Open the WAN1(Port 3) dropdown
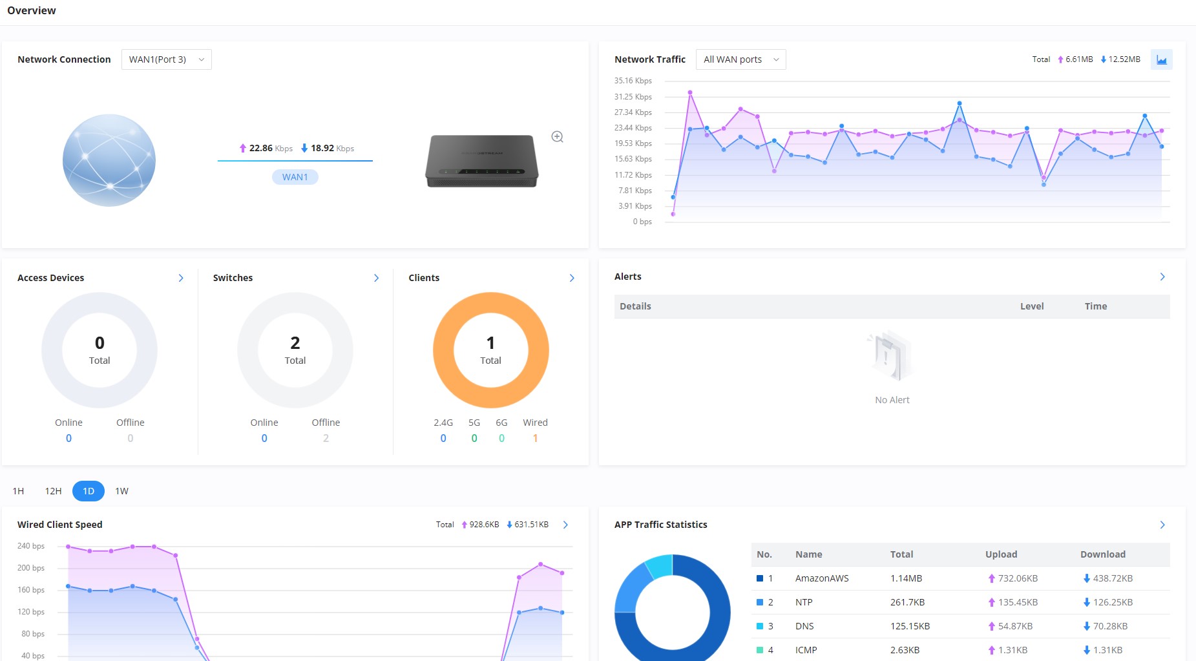click(x=166, y=59)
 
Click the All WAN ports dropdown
click(x=740, y=59)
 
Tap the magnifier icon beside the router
click(x=557, y=137)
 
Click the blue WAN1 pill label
click(x=295, y=177)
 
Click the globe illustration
click(x=109, y=160)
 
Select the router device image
click(x=482, y=161)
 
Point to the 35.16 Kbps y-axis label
click(x=633, y=81)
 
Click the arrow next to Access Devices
click(x=181, y=278)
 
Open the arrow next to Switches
click(x=377, y=278)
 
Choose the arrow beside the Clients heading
click(x=572, y=278)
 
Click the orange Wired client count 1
click(x=535, y=438)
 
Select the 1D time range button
click(x=89, y=491)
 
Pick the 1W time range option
click(x=122, y=491)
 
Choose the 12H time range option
click(x=53, y=491)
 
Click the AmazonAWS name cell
click(x=822, y=578)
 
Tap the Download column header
click(x=1103, y=554)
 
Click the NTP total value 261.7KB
click(x=907, y=602)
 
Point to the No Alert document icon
click(x=891, y=356)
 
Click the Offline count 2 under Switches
click(x=326, y=438)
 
